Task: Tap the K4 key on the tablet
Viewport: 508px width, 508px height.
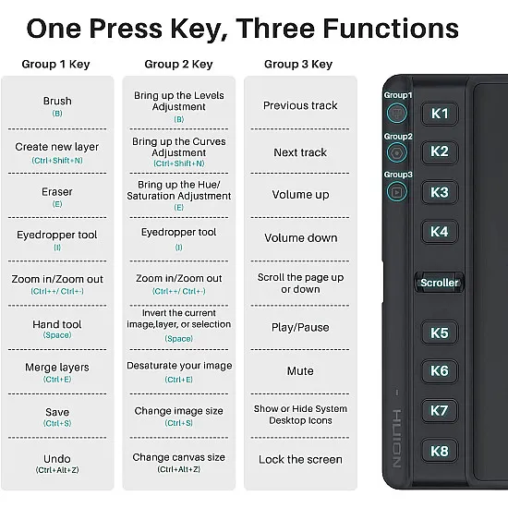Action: [440, 232]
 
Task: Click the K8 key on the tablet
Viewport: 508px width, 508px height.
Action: [440, 451]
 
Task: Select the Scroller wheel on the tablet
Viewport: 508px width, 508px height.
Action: [440, 283]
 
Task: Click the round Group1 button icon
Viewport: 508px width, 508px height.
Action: [397, 113]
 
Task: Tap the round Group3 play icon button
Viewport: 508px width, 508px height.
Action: [397, 192]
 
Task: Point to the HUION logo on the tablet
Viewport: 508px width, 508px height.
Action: [396, 439]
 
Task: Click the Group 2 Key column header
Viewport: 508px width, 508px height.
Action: [178, 64]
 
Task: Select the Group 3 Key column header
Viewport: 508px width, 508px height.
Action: [298, 64]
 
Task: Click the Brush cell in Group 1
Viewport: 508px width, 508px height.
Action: [57, 106]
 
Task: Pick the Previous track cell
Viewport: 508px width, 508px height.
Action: [300, 105]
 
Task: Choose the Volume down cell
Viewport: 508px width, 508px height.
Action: [301, 237]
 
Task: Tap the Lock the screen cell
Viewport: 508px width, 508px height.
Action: [300, 459]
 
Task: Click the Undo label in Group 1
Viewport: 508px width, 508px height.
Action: [57, 459]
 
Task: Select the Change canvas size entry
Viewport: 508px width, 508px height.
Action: [179, 457]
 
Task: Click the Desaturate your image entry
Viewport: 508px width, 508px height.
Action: [179, 366]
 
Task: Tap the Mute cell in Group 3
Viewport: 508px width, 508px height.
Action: [300, 371]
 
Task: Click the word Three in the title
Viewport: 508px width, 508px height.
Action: [275, 29]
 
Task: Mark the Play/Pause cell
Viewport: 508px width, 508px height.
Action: [300, 328]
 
